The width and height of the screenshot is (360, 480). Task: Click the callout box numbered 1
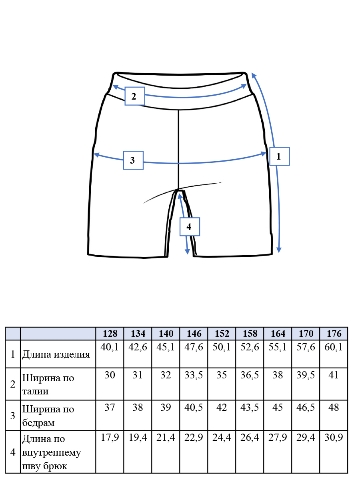click(x=279, y=156)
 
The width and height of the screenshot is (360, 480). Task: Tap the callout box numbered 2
click(x=135, y=96)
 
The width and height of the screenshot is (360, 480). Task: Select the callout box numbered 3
click(x=133, y=160)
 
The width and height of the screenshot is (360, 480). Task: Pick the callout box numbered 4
click(x=190, y=226)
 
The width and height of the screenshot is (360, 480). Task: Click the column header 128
click(x=110, y=334)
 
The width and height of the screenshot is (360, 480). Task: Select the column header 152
click(x=222, y=334)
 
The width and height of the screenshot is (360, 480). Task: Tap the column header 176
click(x=334, y=334)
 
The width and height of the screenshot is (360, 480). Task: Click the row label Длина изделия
click(x=56, y=354)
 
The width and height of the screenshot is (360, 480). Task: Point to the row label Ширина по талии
click(x=48, y=384)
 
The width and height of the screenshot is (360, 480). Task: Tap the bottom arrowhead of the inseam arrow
click(x=187, y=252)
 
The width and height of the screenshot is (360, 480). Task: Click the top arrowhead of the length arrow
click(x=254, y=76)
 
